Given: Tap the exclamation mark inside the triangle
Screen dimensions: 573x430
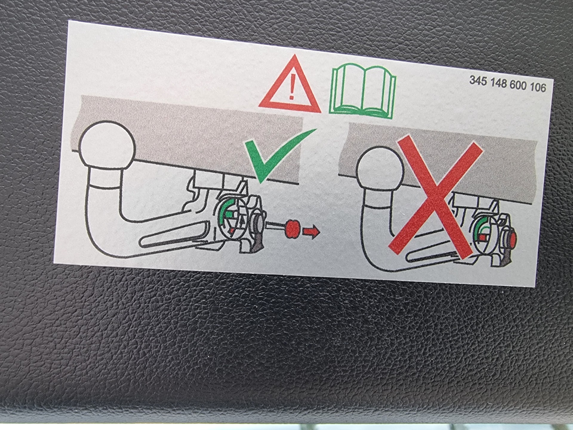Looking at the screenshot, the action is pos(292,87).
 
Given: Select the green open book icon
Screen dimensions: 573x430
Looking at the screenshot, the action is pos(363,91).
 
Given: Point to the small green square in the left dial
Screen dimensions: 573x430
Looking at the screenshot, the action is pos(229,214).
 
